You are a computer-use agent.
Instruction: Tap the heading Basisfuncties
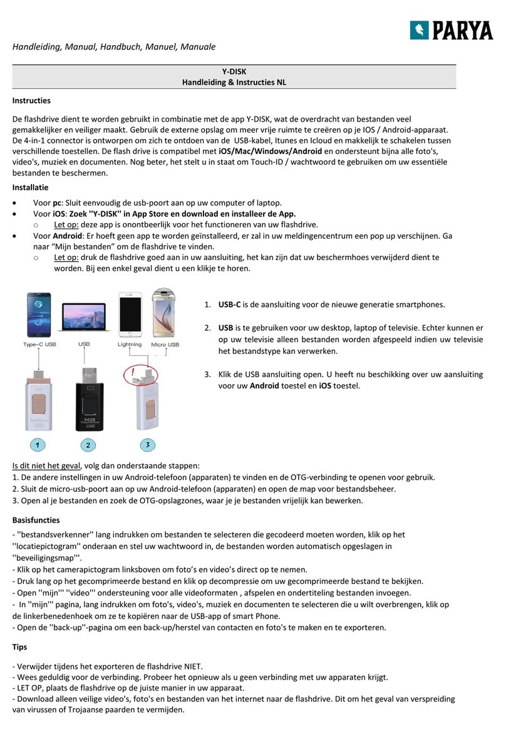click(x=36, y=519)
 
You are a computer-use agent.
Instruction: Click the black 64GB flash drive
click(x=88, y=399)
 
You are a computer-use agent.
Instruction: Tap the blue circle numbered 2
click(x=88, y=445)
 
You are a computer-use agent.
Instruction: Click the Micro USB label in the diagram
click(x=165, y=345)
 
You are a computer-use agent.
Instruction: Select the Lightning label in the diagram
click(x=130, y=345)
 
